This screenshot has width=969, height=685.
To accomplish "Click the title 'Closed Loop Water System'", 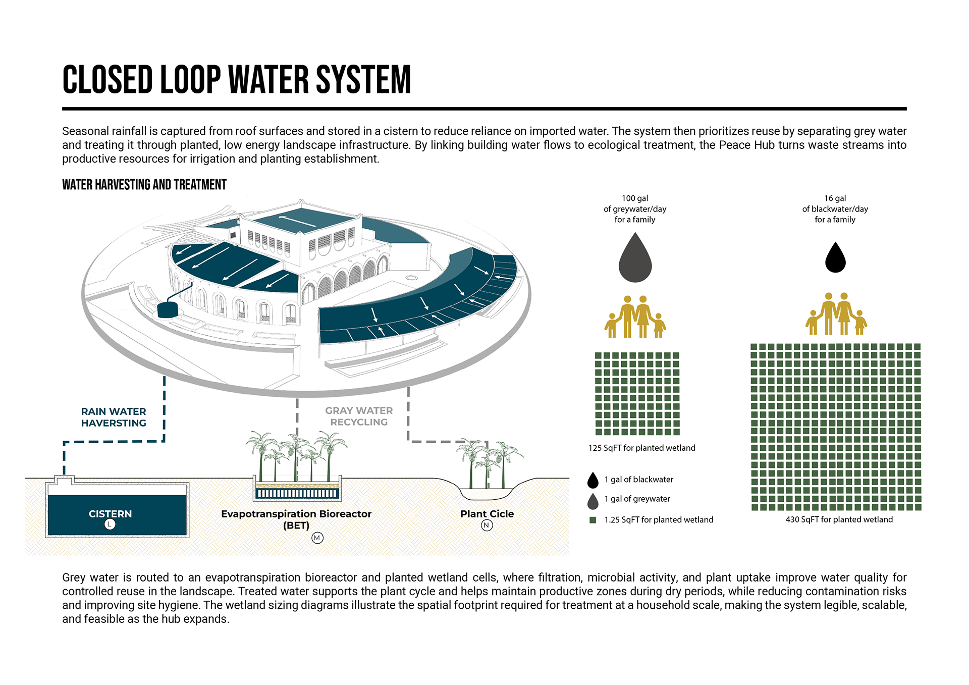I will [236, 80].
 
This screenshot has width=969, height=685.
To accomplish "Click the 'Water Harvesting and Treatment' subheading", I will [144, 185].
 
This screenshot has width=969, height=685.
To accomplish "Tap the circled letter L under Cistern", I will [110, 524].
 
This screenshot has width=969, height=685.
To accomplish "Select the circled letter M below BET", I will [317, 538].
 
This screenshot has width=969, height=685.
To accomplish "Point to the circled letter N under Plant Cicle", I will [487, 525].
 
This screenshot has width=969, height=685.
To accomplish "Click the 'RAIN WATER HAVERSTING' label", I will [114, 417].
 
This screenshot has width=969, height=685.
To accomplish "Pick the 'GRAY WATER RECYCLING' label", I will [359, 416].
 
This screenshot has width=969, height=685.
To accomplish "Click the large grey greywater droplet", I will [635, 260].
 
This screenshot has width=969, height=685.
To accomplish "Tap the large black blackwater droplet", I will [835, 258].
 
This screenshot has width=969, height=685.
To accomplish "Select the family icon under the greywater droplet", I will [635, 317].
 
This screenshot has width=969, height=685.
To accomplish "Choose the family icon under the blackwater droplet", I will [836, 314].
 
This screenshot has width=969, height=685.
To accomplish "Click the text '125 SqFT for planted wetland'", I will [641, 448].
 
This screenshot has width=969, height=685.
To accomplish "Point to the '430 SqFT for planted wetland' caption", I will [839, 520].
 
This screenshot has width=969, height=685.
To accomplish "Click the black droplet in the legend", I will [593, 480].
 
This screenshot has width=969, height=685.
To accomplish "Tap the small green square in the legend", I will [593, 520].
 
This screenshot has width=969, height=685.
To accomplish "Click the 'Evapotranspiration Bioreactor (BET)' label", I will [296, 519].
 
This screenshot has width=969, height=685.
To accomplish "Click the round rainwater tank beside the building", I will [168, 309].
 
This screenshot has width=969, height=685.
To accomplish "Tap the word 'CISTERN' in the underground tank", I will [110, 514].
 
